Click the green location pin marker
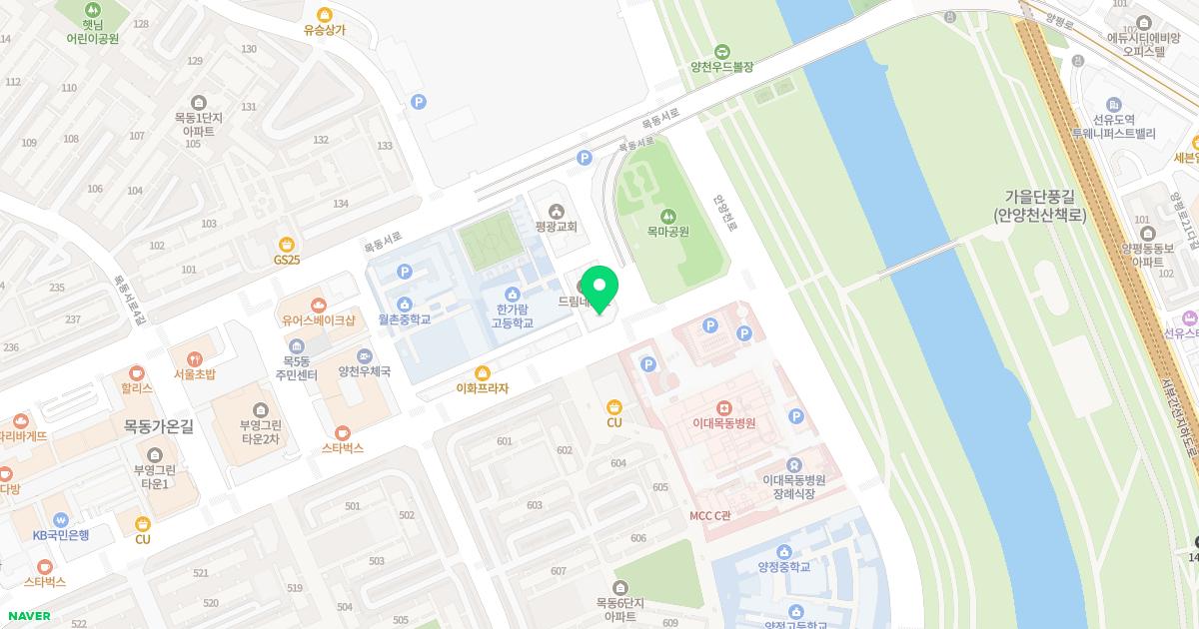(599, 288)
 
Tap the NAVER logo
(28, 616)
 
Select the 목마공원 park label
(667, 231)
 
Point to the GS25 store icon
(287, 244)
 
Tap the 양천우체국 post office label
(364, 371)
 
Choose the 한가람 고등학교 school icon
(513, 294)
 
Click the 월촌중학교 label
(404, 319)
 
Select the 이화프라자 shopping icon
(483, 372)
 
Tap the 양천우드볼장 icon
(721, 52)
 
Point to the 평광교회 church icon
(557, 211)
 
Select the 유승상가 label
(325, 30)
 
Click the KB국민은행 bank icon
(61, 519)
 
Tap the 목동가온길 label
(158, 425)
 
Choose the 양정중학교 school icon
(783, 551)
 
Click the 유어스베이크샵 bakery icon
(318, 305)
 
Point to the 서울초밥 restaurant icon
(194, 358)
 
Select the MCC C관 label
(710, 515)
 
